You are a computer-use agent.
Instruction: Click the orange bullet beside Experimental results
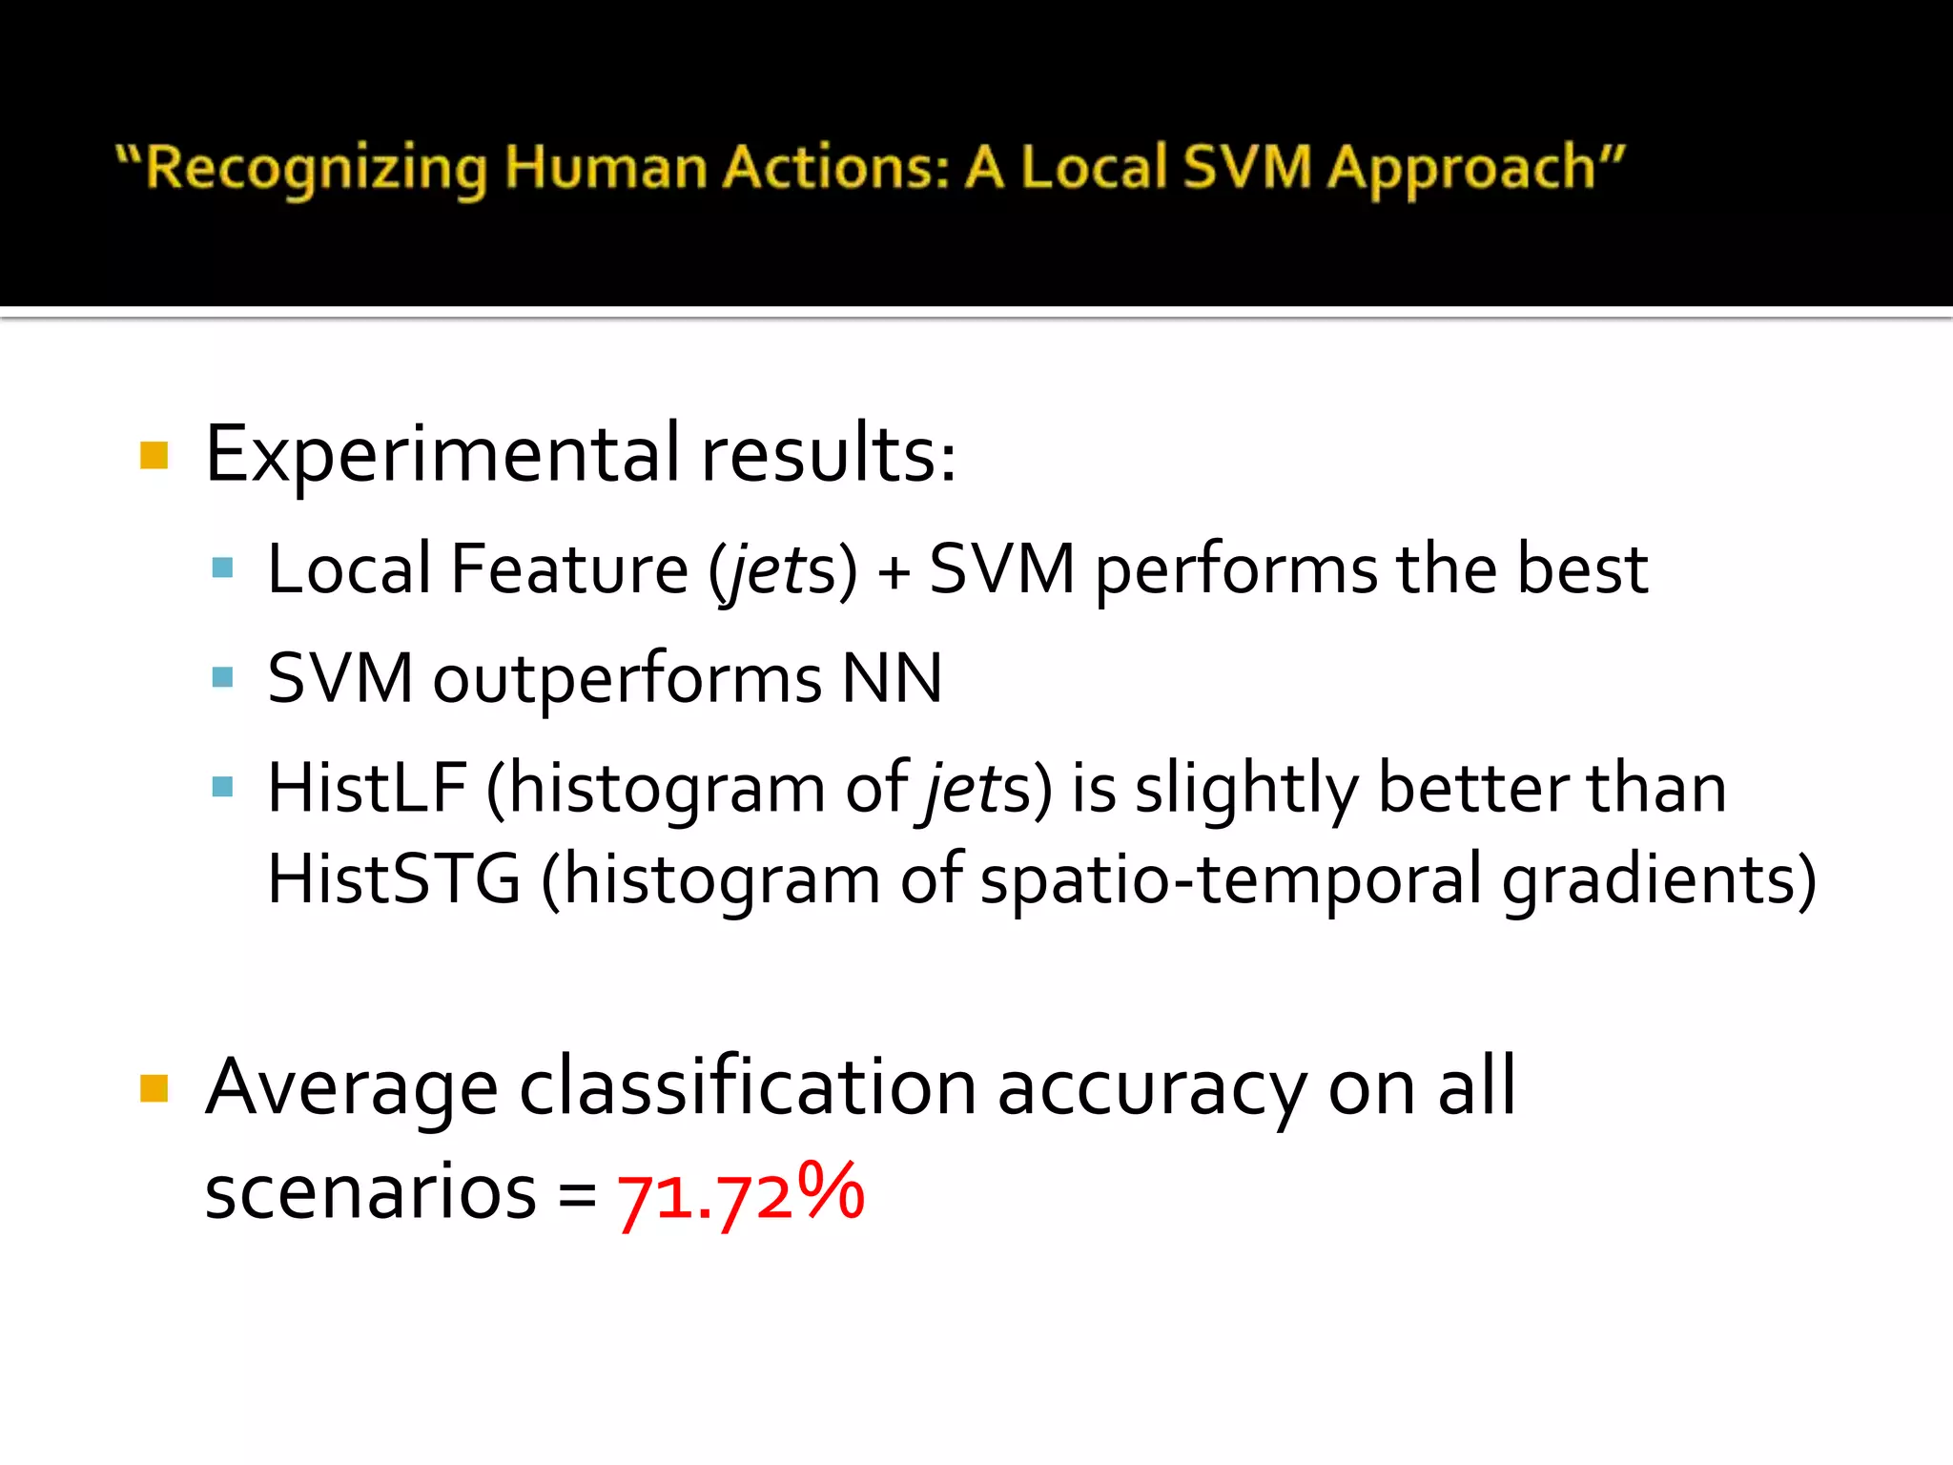pos(154,455)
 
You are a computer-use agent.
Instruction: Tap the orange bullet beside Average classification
pos(154,1088)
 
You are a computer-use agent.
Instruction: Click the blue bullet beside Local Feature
pos(222,568)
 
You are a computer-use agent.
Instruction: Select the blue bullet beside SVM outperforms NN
pos(222,677)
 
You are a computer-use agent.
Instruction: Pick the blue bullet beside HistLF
pos(222,787)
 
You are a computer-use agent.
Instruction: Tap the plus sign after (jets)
pos(894,570)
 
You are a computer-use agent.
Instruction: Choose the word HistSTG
pos(394,878)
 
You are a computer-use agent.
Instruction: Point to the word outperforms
pos(627,679)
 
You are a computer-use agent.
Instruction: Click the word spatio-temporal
pos(1230,878)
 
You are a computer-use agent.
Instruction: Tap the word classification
pos(748,1088)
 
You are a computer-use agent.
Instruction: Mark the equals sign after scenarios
pos(577,1194)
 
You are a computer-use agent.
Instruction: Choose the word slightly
pos(1245,790)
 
